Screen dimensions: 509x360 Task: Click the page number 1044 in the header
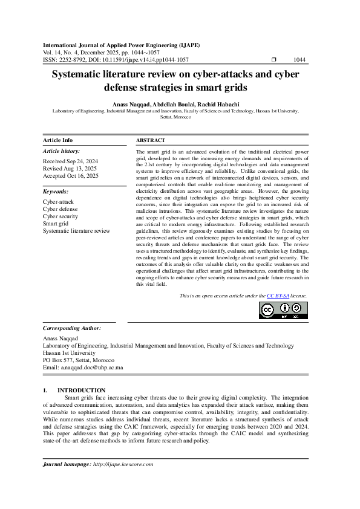pyautogui.click(x=299, y=60)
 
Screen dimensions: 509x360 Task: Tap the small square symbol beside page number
pyautogui.click(x=274, y=60)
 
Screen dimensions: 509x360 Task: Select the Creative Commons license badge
pyautogui.click(x=283, y=310)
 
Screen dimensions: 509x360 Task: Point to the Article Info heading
pyautogui.click(x=57, y=140)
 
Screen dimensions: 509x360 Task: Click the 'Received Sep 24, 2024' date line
pyautogui.click(x=71, y=161)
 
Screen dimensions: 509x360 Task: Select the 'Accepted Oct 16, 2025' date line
pyautogui.click(x=71, y=176)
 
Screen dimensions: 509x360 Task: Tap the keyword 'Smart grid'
pyautogui.click(x=56, y=223)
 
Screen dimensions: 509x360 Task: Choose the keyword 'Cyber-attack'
pyautogui.click(x=59, y=201)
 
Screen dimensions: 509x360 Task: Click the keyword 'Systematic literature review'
pyautogui.click(x=76, y=230)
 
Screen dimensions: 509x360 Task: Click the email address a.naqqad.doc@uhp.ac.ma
pyautogui.click(x=83, y=367)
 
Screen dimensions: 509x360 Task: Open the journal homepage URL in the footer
pyautogui.click(x=123, y=464)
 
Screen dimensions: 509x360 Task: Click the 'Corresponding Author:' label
pyautogui.click(x=72, y=328)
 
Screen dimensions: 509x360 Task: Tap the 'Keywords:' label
pyautogui.click(x=56, y=190)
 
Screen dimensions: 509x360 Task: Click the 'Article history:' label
pyautogui.click(x=61, y=151)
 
